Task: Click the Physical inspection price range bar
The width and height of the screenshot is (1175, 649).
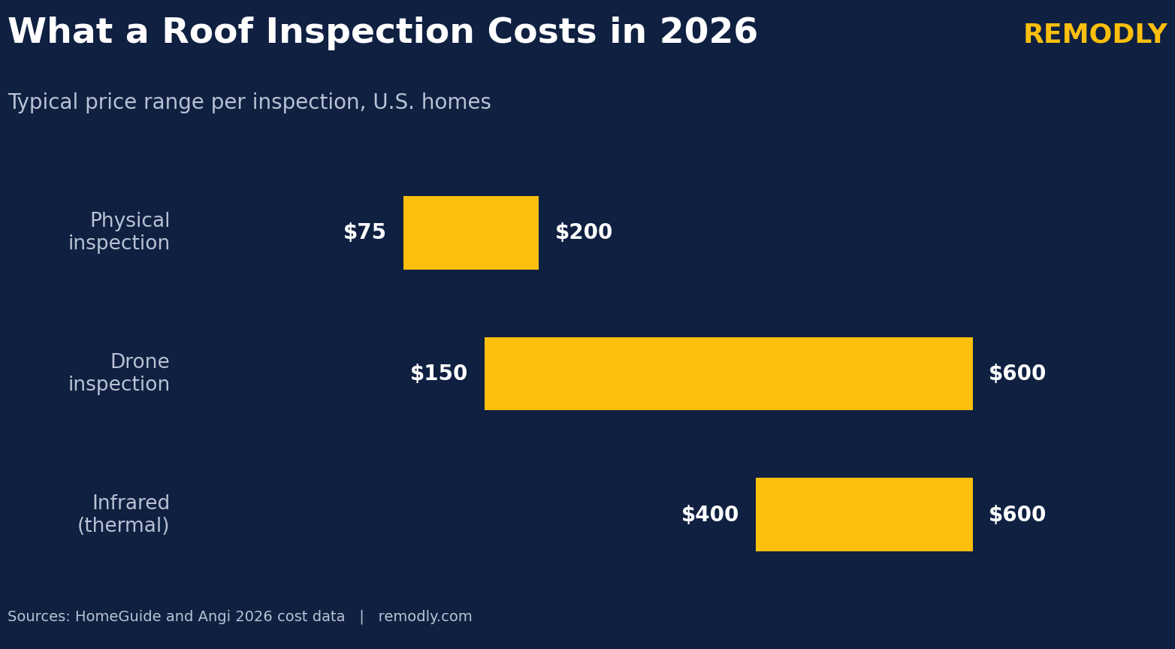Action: point(470,232)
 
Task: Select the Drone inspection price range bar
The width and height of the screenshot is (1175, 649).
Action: point(728,373)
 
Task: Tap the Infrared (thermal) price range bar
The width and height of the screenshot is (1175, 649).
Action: point(864,514)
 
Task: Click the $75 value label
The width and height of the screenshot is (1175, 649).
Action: point(364,232)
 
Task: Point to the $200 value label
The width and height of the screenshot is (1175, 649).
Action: point(583,232)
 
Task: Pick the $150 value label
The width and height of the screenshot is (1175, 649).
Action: point(439,373)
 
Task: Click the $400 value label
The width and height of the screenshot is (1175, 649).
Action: point(710,514)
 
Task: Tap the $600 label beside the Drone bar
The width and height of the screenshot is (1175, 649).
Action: point(1017,373)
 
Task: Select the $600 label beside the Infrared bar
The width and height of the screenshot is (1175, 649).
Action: point(1017,514)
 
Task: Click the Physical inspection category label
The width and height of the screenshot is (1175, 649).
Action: point(119,232)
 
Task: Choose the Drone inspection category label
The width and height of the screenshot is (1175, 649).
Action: point(119,373)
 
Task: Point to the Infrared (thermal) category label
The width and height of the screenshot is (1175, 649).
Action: point(123,514)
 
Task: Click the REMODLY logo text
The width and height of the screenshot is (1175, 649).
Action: point(1095,34)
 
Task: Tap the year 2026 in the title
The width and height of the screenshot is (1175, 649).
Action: point(708,32)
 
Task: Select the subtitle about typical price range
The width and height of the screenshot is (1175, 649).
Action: point(249,102)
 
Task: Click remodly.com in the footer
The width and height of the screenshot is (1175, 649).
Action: point(425,617)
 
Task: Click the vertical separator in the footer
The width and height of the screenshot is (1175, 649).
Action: point(361,617)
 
